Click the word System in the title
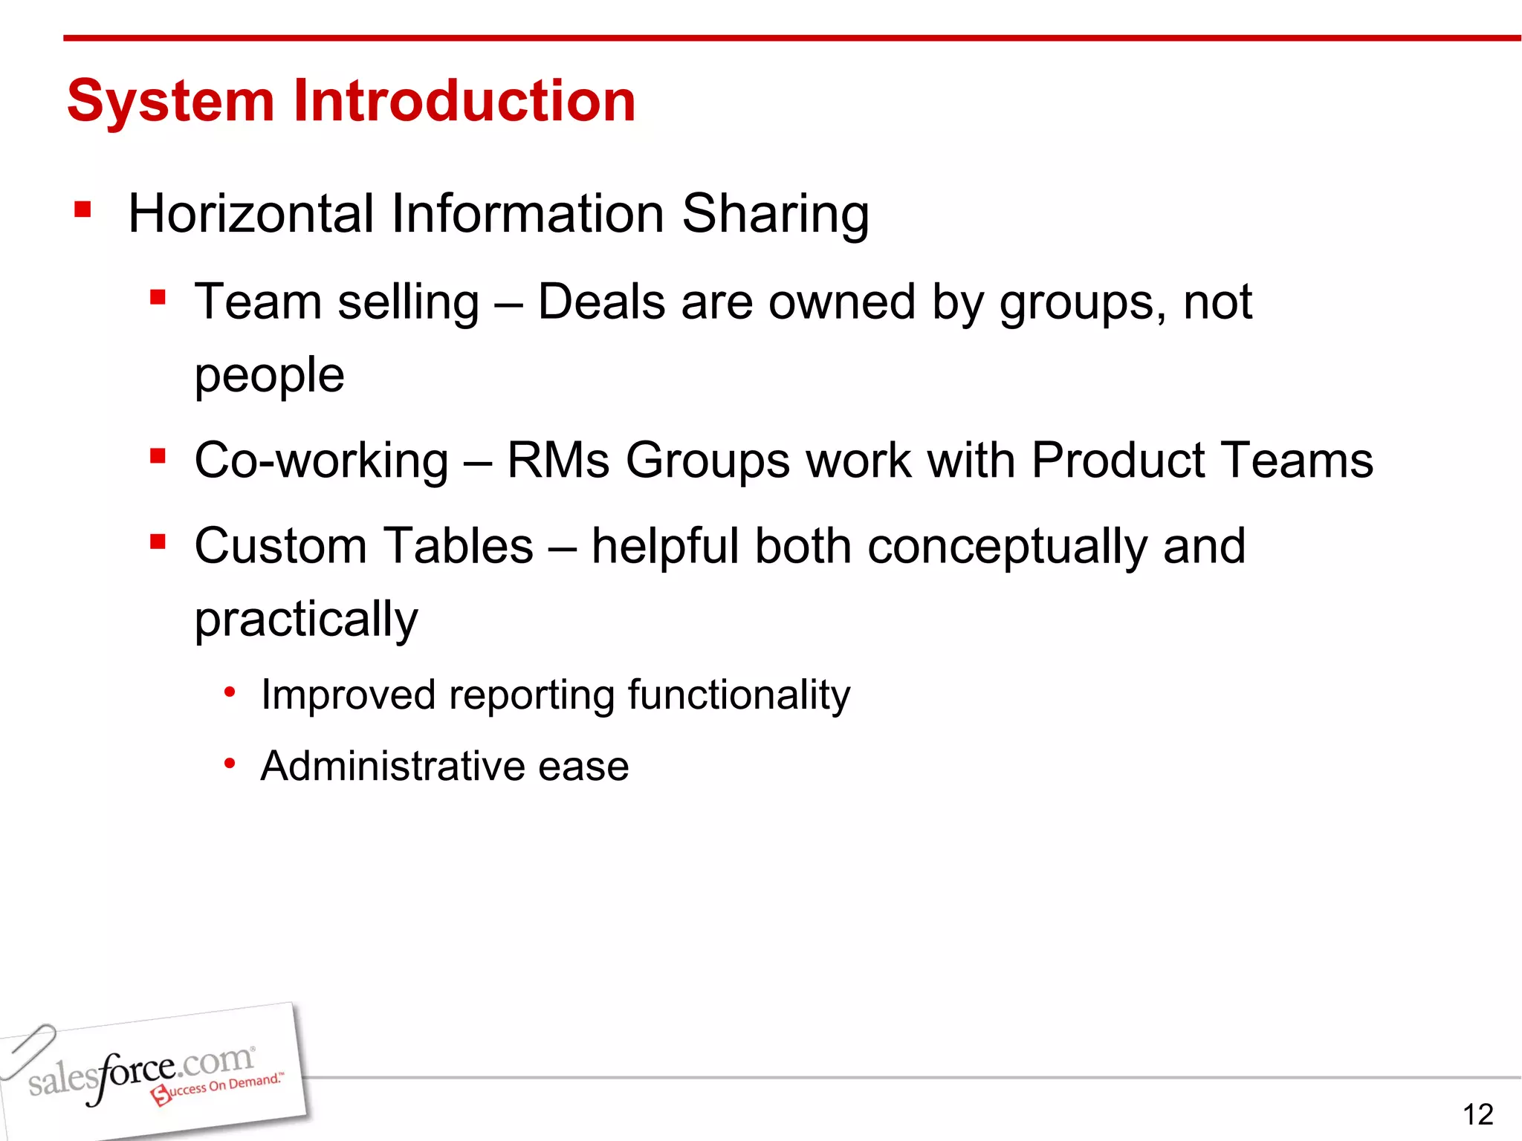pos(171,102)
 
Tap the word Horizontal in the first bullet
pos(250,214)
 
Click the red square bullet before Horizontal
pos(82,210)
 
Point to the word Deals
pos(601,302)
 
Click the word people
pos(269,376)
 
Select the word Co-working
pos(321,461)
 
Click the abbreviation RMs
pos(557,461)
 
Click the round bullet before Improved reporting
pos(230,693)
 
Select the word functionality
pos(739,696)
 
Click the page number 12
pos(1477,1114)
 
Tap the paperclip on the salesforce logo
pos(28,1050)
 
